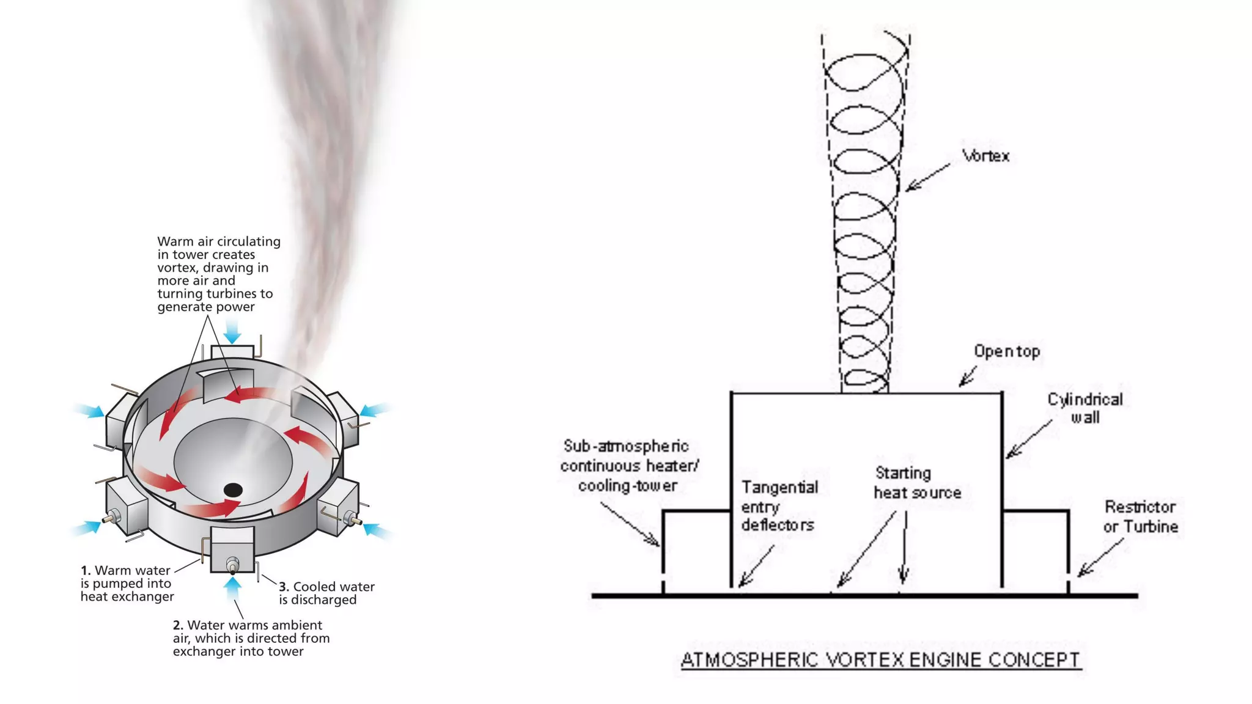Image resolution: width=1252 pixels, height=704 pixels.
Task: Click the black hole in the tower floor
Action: [x=233, y=490]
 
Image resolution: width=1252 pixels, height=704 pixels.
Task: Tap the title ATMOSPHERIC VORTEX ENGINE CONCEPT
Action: [x=880, y=660]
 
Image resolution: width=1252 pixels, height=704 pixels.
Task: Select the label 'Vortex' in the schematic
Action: [x=985, y=156]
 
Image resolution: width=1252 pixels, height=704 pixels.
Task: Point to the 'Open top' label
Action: [x=1007, y=351]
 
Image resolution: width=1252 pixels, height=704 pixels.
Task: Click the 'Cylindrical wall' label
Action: [x=1085, y=408]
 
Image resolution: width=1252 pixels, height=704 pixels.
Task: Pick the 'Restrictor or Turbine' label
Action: [x=1141, y=516]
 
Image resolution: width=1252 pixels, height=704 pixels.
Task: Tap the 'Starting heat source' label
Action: [x=917, y=483]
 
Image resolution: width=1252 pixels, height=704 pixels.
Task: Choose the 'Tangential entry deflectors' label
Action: [x=779, y=506]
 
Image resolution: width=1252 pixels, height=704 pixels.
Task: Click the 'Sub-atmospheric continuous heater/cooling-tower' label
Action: [x=628, y=466]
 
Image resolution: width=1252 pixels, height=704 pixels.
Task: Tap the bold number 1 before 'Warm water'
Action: [x=86, y=570]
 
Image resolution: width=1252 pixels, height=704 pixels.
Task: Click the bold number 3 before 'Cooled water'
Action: [x=284, y=587]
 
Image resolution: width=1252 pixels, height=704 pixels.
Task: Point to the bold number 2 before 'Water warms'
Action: [x=178, y=625]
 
